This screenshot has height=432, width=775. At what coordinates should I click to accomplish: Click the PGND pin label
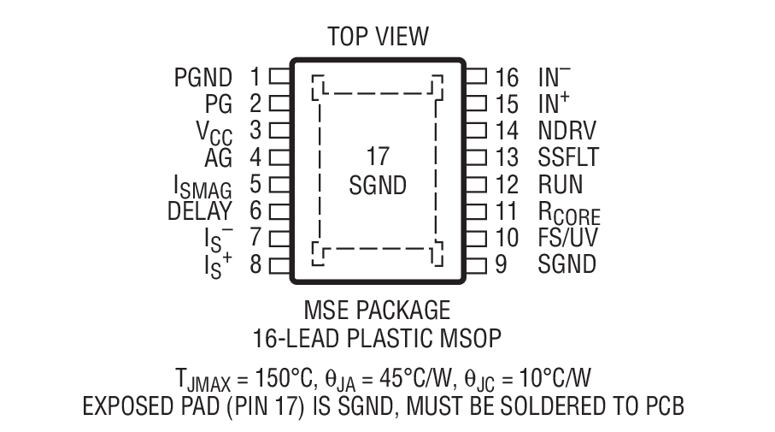pos(203,77)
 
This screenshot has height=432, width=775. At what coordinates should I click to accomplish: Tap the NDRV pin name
pos(567,130)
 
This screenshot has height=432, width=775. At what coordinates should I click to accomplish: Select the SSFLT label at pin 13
pos(568,157)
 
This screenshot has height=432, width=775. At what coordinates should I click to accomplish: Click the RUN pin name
pos(561,184)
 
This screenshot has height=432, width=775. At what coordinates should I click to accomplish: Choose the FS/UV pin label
pos(567,237)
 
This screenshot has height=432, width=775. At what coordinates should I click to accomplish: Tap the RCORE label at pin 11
pos(569,212)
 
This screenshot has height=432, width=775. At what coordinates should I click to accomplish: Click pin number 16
pos(507,77)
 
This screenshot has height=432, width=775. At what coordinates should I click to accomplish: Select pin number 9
pos(501,264)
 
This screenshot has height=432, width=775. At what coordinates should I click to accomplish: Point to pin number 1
pos(254,77)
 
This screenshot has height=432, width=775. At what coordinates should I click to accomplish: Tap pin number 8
pos(255,264)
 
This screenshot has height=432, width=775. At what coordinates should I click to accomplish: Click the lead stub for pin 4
pos(279,157)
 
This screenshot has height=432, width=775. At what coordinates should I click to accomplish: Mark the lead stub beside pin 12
pos(476,184)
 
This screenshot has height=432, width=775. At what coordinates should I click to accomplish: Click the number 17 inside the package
pos(377,157)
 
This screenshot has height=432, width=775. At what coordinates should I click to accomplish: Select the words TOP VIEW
pos(378,37)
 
